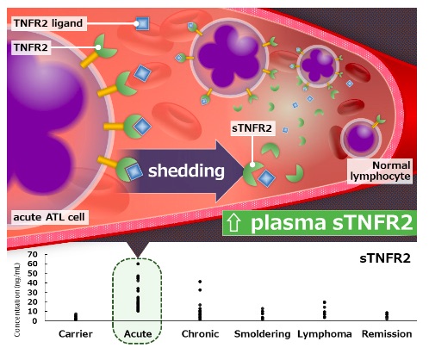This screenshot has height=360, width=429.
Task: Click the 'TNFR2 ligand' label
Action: [x=48, y=23]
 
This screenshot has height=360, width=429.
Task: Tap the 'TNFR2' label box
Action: [x=31, y=47]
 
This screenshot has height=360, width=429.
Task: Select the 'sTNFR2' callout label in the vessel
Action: [x=252, y=128]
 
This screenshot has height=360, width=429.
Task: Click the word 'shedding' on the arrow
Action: [x=186, y=171]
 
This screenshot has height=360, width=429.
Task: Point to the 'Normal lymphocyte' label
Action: [x=380, y=171]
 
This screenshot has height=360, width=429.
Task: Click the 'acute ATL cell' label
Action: [x=49, y=217]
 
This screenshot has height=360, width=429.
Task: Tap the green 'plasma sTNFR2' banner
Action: [x=320, y=223]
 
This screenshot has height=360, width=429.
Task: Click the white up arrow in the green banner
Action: [x=233, y=223]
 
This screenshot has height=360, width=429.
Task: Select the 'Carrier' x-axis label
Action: [x=76, y=334]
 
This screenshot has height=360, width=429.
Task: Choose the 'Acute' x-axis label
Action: [x=138, y=334]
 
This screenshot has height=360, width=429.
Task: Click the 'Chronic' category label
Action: [x=200, y=334]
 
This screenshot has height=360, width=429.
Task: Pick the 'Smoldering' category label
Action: [x=262, y=334]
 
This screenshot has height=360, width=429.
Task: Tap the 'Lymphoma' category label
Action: [x=325, y=334]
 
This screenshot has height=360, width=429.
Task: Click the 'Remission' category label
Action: [x=387, y=334]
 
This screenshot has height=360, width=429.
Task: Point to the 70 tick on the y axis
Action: [x=33, y=254]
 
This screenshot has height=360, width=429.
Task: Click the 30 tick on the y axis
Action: [x=33, y=292]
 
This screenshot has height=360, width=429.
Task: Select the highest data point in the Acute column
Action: [x=138, y=264]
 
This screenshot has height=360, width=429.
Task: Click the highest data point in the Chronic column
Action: [x=200, y=282]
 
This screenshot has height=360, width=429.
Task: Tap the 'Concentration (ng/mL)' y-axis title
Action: [x=17, y=300]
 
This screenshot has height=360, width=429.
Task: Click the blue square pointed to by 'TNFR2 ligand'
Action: [x=142, y=23]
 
